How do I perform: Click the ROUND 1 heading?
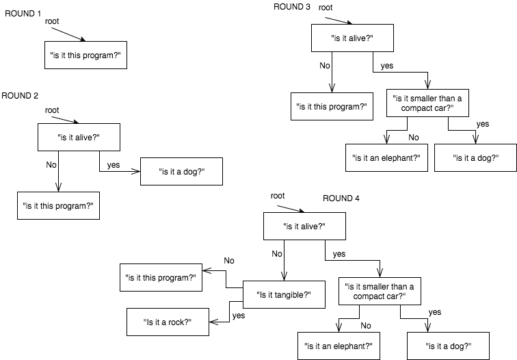pyautogui.click(x=23, y=12)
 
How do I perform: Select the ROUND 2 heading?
pyautogui.click(x=21, y=96)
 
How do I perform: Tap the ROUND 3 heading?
pyautogui.click(x=292, y=7)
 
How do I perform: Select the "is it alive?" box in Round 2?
pyautogui.click(x=79, y=137)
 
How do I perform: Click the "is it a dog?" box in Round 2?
pyautogui.click(x=181, y=172)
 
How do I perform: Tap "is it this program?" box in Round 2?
pyautogui.click(x=58, y=205)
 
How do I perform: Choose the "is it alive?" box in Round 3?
pyautogui.click(x=352, y=38)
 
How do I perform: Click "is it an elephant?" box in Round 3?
pyautogui.click(x=386, y=158)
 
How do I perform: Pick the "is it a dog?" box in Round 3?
pyautogui.click(x=475, y=158)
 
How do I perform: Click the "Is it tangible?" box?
pyautogui.click(x=284, y=294)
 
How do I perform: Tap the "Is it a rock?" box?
pyautogui.click(x=168, y=322)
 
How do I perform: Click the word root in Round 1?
pyautogui.click(x=53, y=22)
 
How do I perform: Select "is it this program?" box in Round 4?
pyautogui.click(x=161, y=277)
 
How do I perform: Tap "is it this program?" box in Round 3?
pyautogui.click(x=332, y=107)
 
